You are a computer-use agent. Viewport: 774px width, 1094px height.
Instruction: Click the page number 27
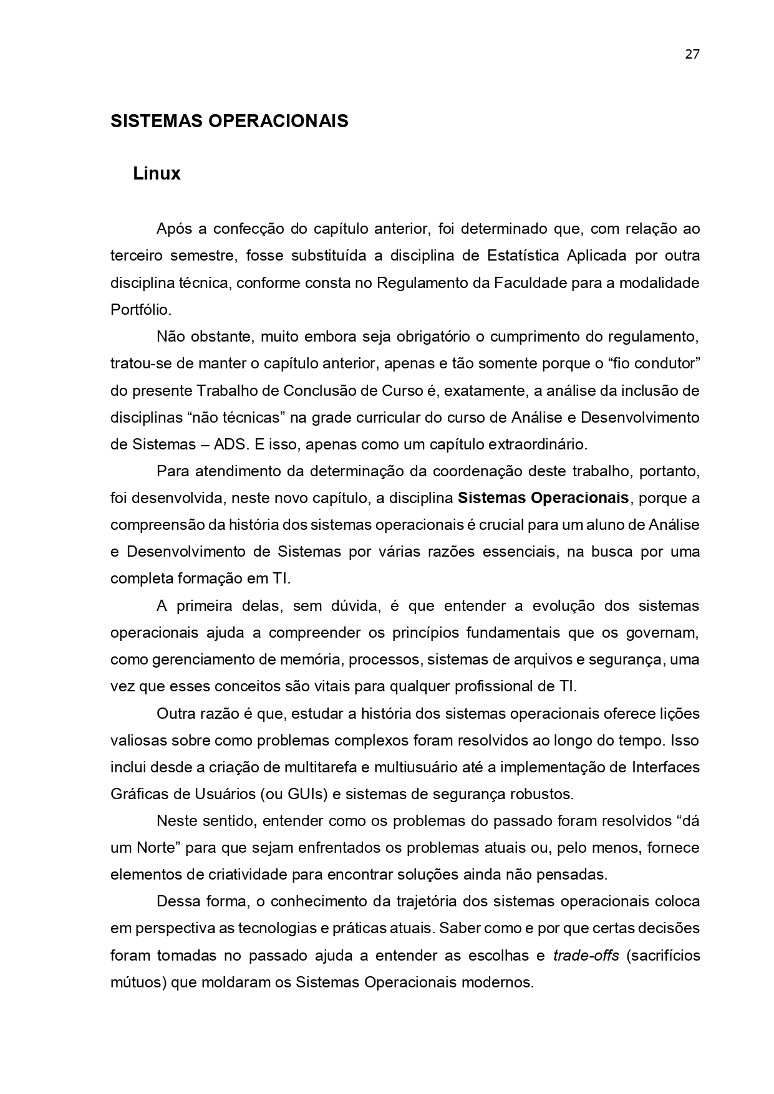tap(692, 54)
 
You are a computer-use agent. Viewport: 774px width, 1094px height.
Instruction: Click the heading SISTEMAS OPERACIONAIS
tap(229, 121)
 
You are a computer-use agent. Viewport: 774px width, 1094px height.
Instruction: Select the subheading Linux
tap(157, 174)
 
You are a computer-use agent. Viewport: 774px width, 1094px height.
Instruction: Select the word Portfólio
tap(140, 310)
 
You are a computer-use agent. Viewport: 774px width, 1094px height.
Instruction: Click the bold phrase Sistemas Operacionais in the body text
tap(543, 498)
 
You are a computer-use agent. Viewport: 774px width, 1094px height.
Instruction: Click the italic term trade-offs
tap(586, 956)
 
